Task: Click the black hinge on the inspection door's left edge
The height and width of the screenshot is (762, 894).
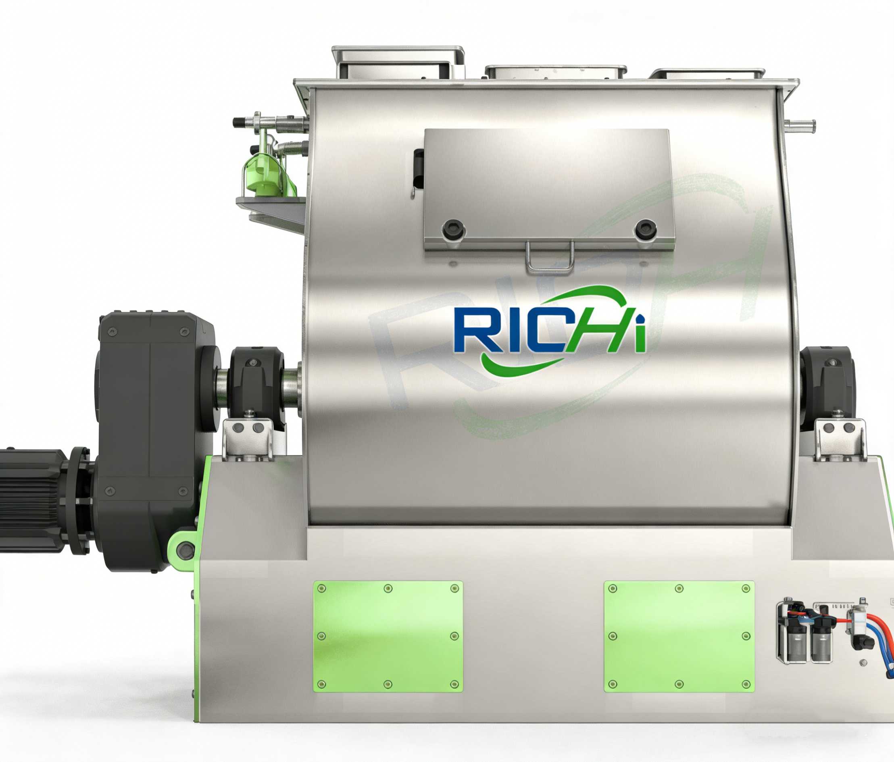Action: pyautogui.click(x=418, y=171)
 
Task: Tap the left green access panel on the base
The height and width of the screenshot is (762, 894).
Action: pyautogui.click(x=388, y=637)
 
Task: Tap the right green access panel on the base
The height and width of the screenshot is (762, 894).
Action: pyautogui.click(x=679, y=637)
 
